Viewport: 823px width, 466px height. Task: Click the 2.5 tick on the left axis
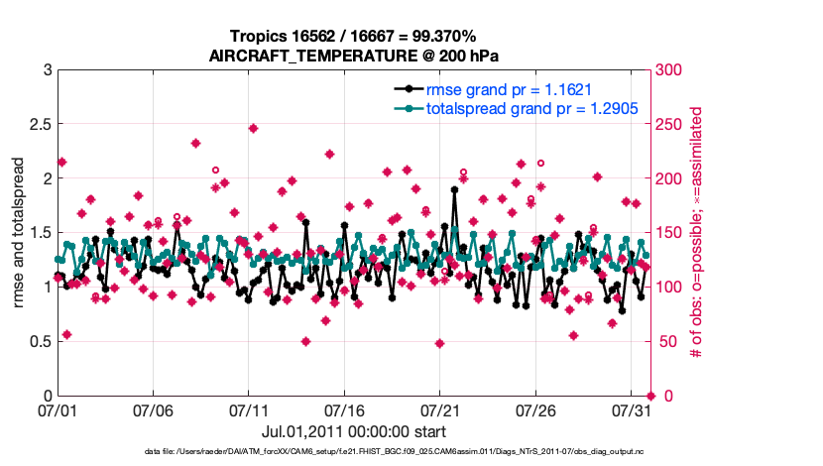point(37,124)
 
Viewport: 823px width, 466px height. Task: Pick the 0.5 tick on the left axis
point(37,341)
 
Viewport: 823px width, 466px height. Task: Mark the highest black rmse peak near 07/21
point(454,188)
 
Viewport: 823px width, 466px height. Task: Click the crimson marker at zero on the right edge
point(650,396)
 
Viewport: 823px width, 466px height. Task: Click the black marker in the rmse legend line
point(407,90)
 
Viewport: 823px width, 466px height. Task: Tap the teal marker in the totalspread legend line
point(407,108)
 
